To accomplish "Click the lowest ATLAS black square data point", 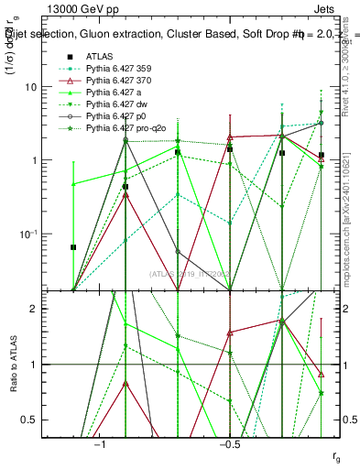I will coord(73,247).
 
